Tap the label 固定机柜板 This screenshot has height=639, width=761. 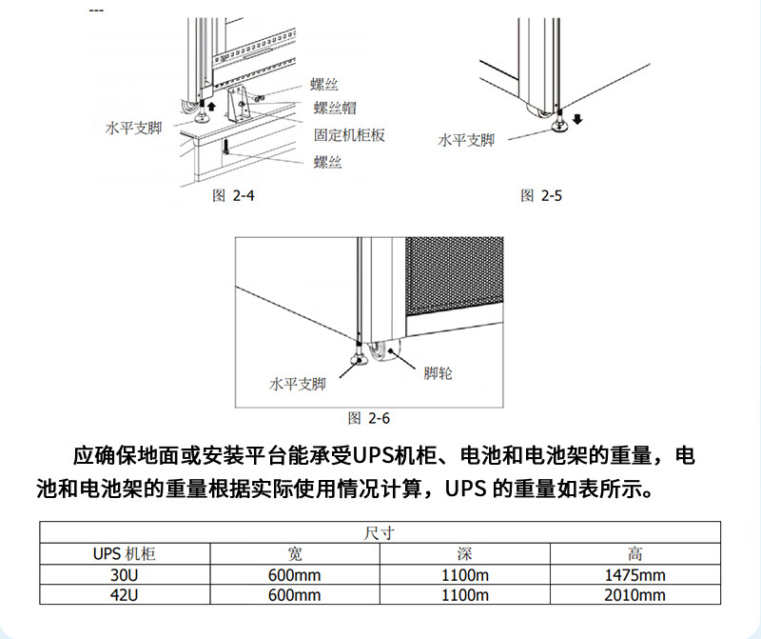click(349, 135)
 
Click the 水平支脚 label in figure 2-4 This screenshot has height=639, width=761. click(133, 126)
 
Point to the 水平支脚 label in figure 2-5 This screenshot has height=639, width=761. click(466, 140)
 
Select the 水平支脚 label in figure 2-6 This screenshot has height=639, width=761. click(298, 384)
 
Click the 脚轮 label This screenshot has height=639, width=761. click(438, 373)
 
